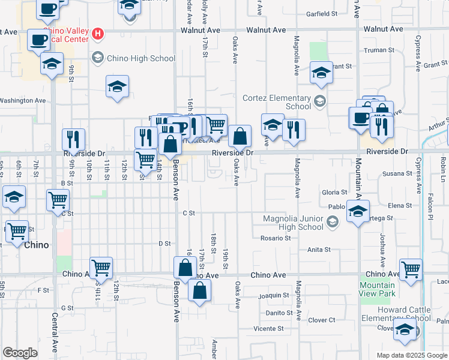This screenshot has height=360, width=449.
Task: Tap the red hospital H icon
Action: pyautogui.click(x=97, y=34)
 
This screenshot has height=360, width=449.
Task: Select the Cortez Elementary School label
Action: pyautogui.click(x=277, y=102)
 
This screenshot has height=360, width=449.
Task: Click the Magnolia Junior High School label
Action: pyautogui.click(x=293, y=223)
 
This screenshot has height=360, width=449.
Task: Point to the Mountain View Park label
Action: pyautogui.click(x=378, y=289)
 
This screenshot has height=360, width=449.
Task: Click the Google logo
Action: pyautogui.click(x=20, y=353)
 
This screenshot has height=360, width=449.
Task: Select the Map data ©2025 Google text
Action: pyautogui.click(x=412, y=355)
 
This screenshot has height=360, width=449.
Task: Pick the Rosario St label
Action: pyautogui.click(x=275, y=238)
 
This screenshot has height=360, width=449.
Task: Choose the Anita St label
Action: pyautogui.click(x=319, y=250)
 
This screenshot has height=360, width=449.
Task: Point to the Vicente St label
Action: pyautogui.click(x=268, y=328)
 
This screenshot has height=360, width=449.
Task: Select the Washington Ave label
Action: pyautogui.click(x=23, y=101)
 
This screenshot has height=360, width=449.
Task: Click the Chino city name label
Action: pyautogui.click(x=36, y=245)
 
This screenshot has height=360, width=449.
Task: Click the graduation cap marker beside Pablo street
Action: pyautogui.click(x=358, y=212)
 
